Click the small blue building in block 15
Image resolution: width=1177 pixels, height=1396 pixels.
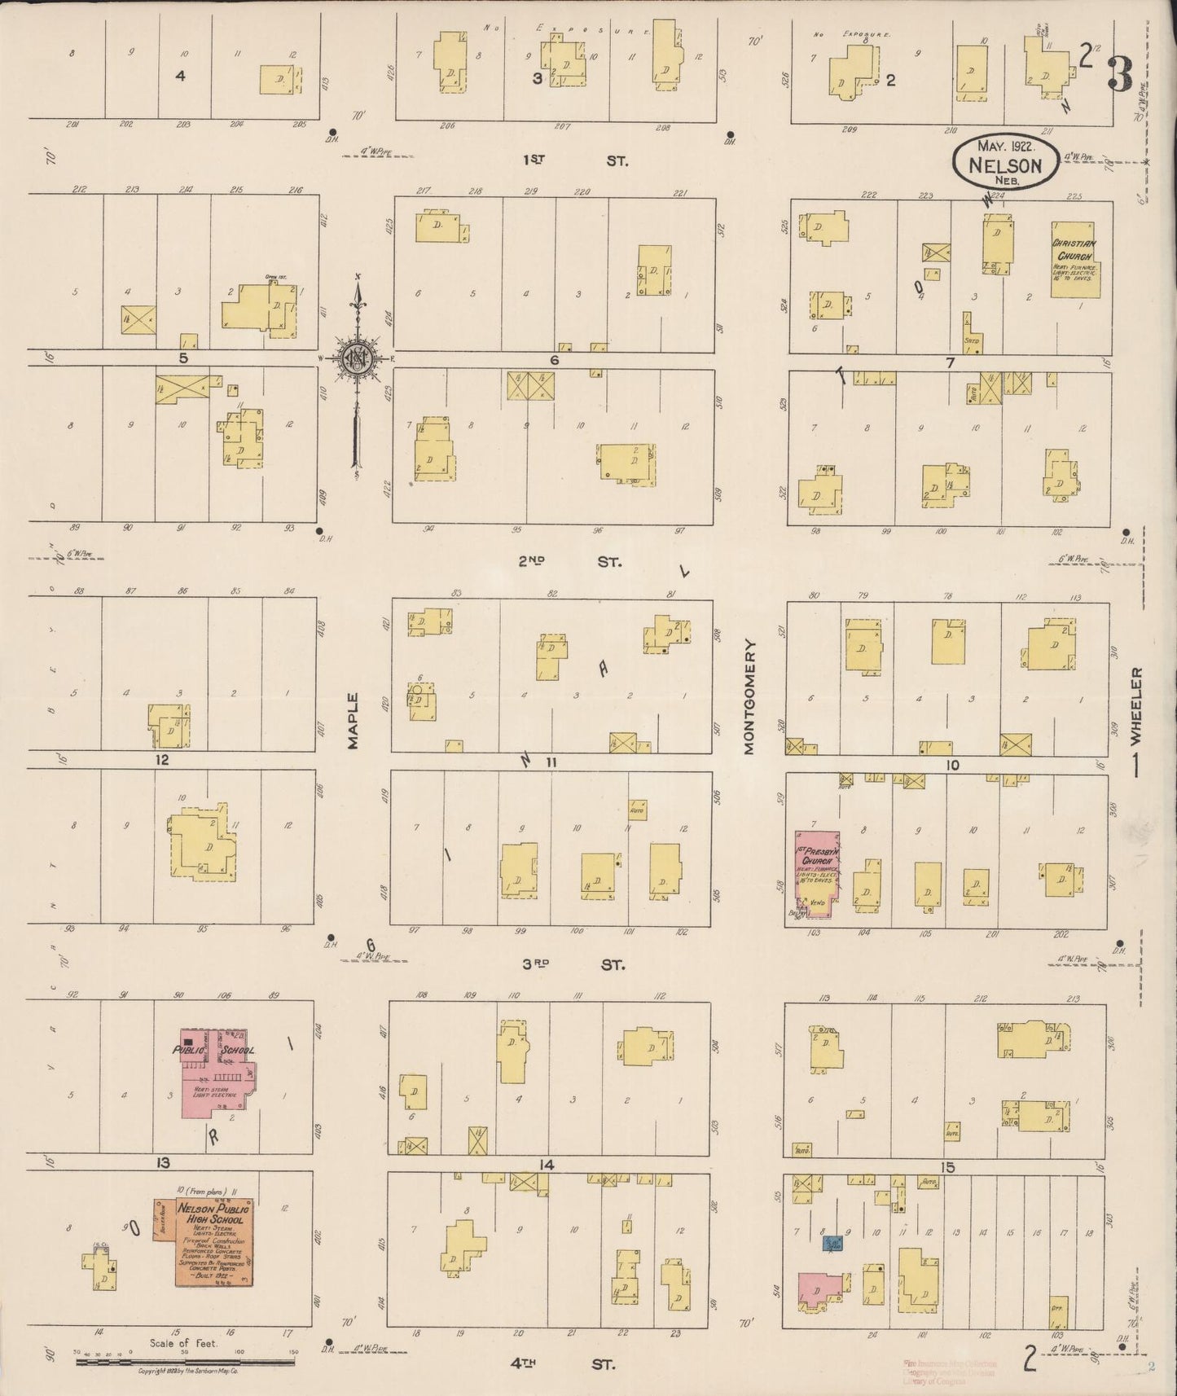[x=832, y=1243]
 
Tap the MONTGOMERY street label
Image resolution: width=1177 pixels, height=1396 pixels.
[x=749, y=696]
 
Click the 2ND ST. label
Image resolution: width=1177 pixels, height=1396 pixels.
[x=570, y=562]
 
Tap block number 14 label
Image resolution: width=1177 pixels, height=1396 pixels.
[x=546, y=1166]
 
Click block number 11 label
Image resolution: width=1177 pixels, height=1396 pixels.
[x=551, y=762]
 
